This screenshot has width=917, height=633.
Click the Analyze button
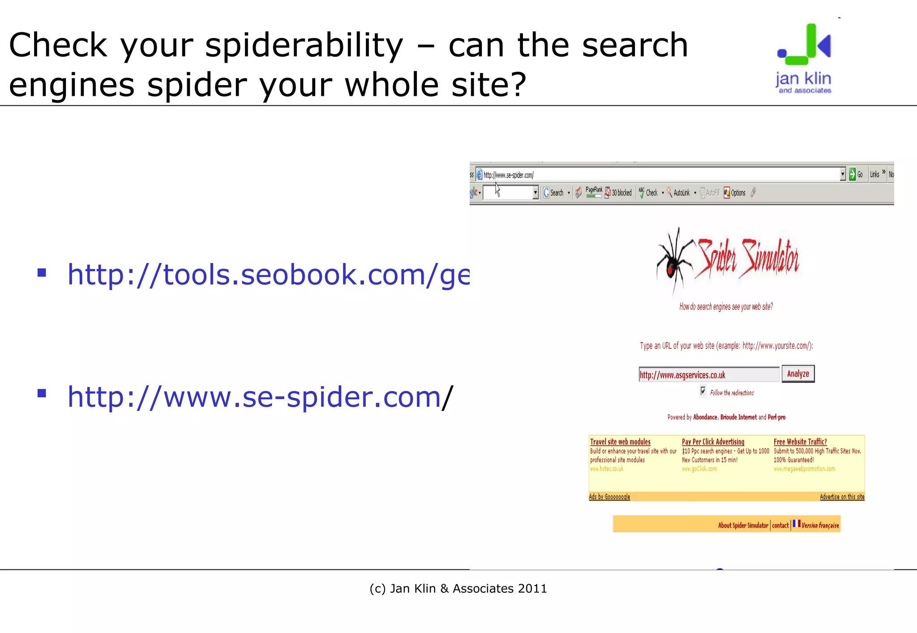[798, 374]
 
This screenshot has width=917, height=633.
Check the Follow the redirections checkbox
[703, 391]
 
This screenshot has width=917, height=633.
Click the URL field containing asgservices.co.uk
[708, 375]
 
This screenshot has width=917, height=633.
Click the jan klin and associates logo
[804, 59]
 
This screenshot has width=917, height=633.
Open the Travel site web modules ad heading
[620, 442]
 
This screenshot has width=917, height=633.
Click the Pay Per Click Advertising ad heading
[713, 442]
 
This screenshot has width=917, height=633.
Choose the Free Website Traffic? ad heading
[800, 442]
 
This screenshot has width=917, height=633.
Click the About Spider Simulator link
[743, 525]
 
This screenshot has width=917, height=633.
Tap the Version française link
[820, 525]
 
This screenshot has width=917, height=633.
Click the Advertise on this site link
[842, 497]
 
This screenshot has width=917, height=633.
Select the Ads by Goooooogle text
[609, 497]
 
